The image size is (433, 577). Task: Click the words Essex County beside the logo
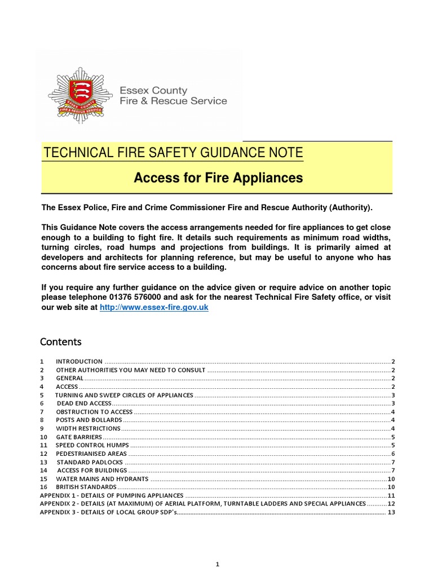pos(154,90)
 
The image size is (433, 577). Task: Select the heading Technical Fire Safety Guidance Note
pos(173,153)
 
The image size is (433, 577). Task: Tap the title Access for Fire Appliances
pos(218,178)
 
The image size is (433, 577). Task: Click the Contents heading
pos(61,342)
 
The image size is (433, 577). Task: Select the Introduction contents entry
pos(79,361)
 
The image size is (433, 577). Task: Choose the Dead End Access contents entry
pos(83,404)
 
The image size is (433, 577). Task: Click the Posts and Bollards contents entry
pos(89,420)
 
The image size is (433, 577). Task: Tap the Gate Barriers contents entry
pos(79,437)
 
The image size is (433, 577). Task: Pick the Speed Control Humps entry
pos(92,445)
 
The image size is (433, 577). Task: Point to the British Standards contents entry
pos(86,486)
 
